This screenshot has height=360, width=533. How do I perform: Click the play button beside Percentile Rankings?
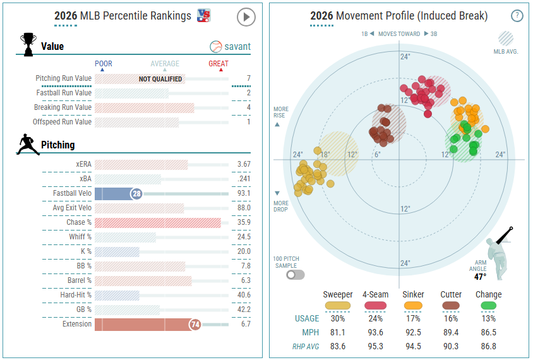coord(246,17)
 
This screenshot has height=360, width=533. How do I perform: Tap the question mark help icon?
coord(517,16)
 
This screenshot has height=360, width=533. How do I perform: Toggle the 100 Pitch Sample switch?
coord(295,275)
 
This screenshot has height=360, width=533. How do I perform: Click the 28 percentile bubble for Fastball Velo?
coord(136,194)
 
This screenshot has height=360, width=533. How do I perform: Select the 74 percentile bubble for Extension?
coord(195,325)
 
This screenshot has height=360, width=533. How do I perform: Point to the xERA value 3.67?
coord(244,164)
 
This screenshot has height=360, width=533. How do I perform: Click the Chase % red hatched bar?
coord(158,223)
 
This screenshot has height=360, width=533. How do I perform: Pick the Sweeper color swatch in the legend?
coord(337,305)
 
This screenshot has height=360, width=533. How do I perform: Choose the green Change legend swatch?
coord(488,305)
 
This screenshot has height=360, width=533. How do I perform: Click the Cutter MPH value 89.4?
coord(451,332)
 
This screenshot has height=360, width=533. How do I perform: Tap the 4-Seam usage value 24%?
coord(375,318)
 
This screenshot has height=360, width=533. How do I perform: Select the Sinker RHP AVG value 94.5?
coord(413,346)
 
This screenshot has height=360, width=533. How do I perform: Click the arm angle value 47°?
coord(480,277)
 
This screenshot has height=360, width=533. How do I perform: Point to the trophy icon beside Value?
coord(28,44)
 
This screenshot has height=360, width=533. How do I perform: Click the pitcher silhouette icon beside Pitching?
coord(28,145)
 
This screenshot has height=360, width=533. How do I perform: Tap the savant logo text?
coord(237,47)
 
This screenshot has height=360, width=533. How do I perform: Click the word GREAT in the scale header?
coord(219,64)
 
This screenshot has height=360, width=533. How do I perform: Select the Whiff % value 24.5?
coord(244,237)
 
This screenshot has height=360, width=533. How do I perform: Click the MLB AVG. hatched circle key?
coord(506,39)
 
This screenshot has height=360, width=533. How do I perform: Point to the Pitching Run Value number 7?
coord(248,78)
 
